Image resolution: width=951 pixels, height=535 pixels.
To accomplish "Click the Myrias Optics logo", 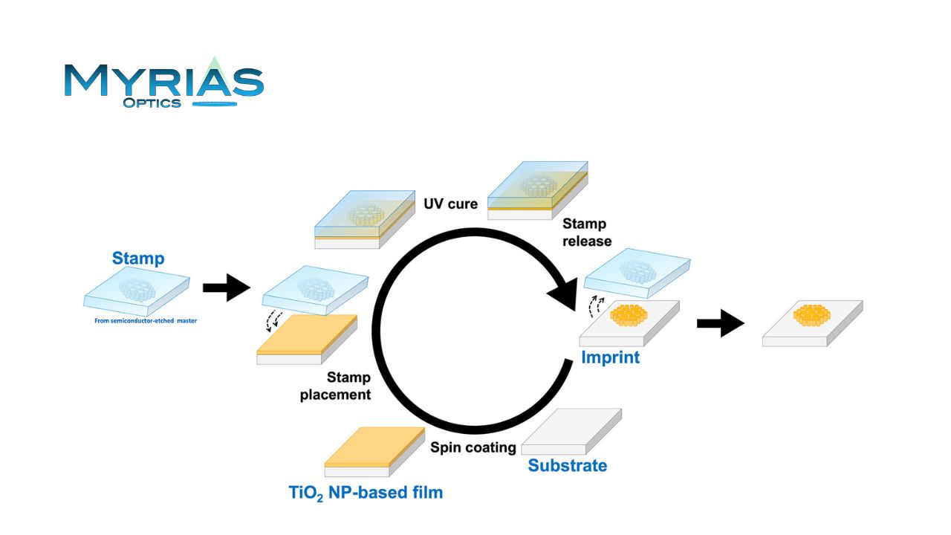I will (x=163, y=82).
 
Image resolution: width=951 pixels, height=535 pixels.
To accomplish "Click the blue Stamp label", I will (x=138, y=259).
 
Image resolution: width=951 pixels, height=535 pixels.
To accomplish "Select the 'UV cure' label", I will (x=450, y=204).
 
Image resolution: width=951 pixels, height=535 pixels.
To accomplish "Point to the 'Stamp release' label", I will (x=587, y=232).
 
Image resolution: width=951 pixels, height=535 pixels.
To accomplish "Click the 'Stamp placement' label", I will (x=336, y=386).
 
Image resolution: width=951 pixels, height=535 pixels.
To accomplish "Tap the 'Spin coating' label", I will (x=473, y=447).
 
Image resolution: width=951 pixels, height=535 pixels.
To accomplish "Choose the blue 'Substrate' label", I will (x=567, y=466).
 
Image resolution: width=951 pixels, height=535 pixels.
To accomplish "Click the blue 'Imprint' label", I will (x=610, y=357).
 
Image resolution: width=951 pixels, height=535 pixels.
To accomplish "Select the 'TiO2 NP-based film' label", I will (x=366, y=492).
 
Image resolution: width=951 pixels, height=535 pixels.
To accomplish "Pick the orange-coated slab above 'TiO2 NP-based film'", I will (x=374, y=451).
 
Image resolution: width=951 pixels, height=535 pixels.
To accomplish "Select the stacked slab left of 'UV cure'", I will (x=366, y=218).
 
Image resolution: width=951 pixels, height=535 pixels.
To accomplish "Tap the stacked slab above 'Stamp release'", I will (x=537, y=190).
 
